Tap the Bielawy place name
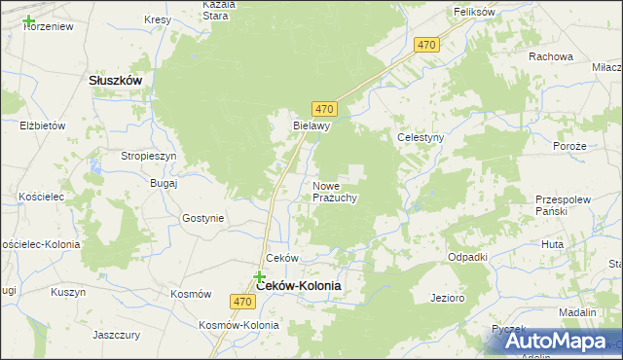point(313,126)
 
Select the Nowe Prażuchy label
point(336,191)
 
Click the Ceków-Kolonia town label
point(298,286)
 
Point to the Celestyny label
point(421,138)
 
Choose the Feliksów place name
point(475,12)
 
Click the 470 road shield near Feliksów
point(426,45)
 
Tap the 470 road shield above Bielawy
point(325,108)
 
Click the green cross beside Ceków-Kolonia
point(260,277)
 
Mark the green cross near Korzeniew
point(28,20)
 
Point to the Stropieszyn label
point(148,156)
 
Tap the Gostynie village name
point(202,218)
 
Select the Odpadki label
point(467,257)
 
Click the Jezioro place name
point(448,298)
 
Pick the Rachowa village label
point(551,56)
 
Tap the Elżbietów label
point(42,126)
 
